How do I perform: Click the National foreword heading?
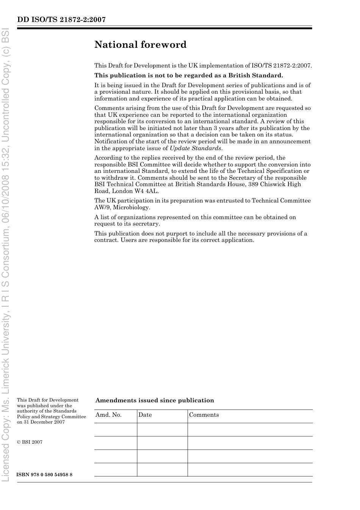coord(140,45)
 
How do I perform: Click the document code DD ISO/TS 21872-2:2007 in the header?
coord(61,20)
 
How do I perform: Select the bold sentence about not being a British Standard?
coord(188,75)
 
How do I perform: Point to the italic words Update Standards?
coord(195,148)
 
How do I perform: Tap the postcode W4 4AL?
coord(146,191)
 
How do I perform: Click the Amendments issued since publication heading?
coord(155,400)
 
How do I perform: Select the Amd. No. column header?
coord(109,415)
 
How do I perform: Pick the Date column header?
coord(145,415)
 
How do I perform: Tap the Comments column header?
coord(204,415)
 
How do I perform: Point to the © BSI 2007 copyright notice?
coord(30,442)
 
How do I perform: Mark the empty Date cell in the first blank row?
coord(162,430)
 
